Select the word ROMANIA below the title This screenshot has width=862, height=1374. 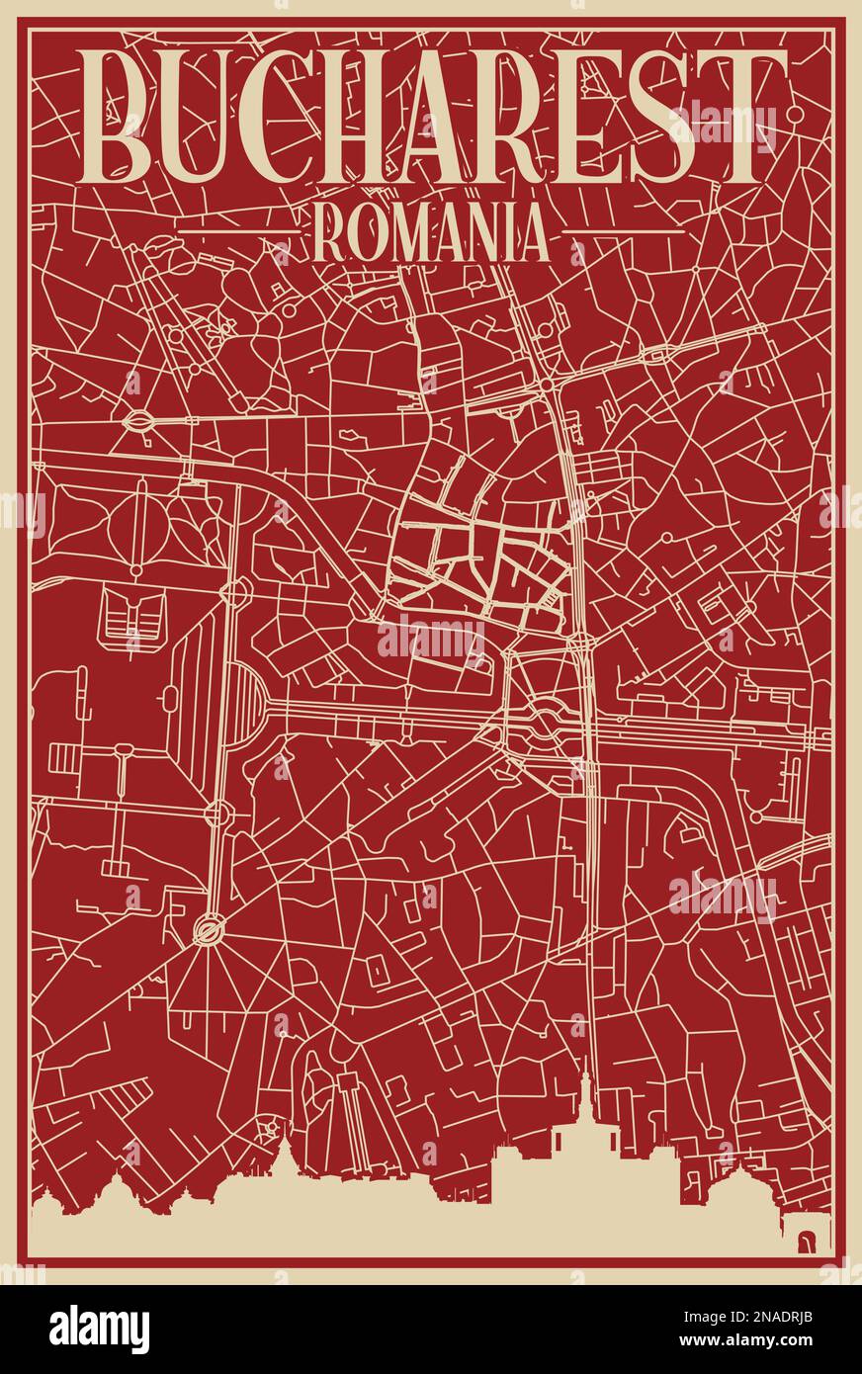pos(430,235)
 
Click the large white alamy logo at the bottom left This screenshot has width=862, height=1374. pos(99,1329)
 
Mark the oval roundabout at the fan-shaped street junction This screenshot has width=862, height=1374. pos(210,928)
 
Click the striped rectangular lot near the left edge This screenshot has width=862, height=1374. pos(62,758)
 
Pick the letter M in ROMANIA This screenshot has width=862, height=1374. pos(395,235)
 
